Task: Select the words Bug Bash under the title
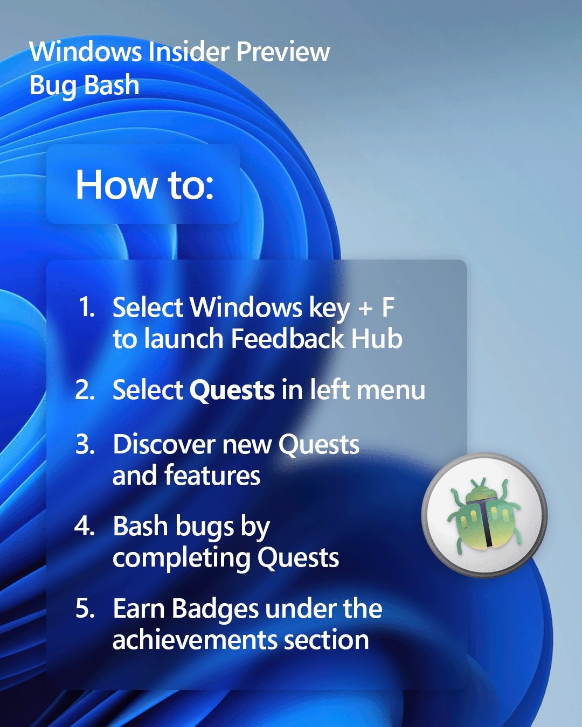pyautogui.click(x=85, y=86)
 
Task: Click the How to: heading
pyautogui.click(x=144, y=185)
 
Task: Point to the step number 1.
pyautogui.click(x=86, y=307)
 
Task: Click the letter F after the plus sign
pyautogui.click(x=388, y=307)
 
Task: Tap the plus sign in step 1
pyautogui.click(x=365, y=309)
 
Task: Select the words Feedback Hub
pyautogui.click(x=317, y=339)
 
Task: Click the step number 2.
pyautogui.click(x=85, y=390)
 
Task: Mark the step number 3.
pyautogui.click(x=85, y=445)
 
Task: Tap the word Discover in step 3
pyautogui.click(x=164, y=445)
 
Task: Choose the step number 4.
pyautogui.click(x=85, y=526)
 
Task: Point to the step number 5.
pyautogui.click(x=85, y=609)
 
